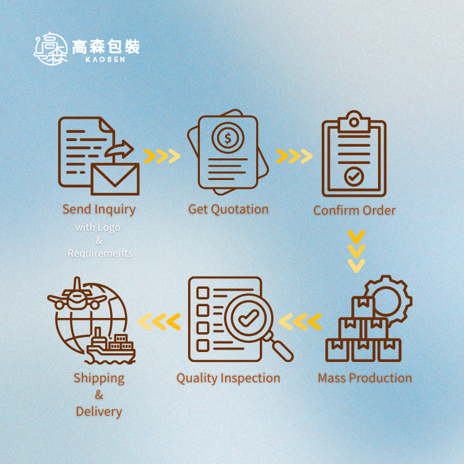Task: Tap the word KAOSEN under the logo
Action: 106,59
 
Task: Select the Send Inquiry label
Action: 99,209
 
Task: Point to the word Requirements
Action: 100,253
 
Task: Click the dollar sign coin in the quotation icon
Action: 228,139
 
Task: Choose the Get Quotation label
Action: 228,209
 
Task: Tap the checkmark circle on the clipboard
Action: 354,177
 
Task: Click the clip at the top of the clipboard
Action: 354,120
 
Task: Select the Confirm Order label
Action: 354,210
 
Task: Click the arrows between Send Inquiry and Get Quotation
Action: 162,156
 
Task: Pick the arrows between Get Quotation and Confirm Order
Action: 294,156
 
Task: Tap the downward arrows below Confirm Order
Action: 356,251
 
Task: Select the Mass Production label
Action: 364,378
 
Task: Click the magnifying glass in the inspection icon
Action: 251,320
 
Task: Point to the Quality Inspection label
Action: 228,378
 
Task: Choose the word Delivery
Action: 99,411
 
